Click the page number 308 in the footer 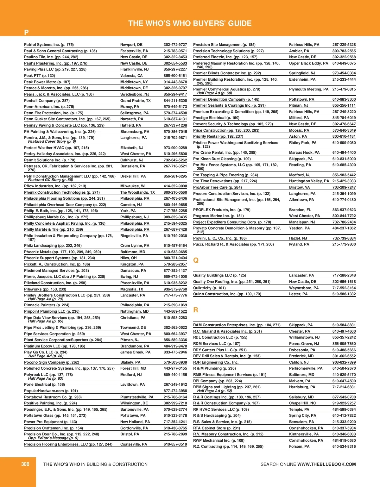click(x=25, y=464)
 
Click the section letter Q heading click(x=196, y=260)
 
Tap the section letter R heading click(x=196, y=310)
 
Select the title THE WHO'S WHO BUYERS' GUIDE click(x=190, y=23)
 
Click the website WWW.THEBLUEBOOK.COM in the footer click(x=326, y=464)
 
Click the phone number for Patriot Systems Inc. click(x=175, y=45)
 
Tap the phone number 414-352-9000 click(x=175, y=186)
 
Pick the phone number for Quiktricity click(x=344, y=288)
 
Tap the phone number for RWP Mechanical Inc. click(x=344, y=440)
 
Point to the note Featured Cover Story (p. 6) click(x=52, y=141)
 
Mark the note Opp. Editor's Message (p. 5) click(x=53, y=438)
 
